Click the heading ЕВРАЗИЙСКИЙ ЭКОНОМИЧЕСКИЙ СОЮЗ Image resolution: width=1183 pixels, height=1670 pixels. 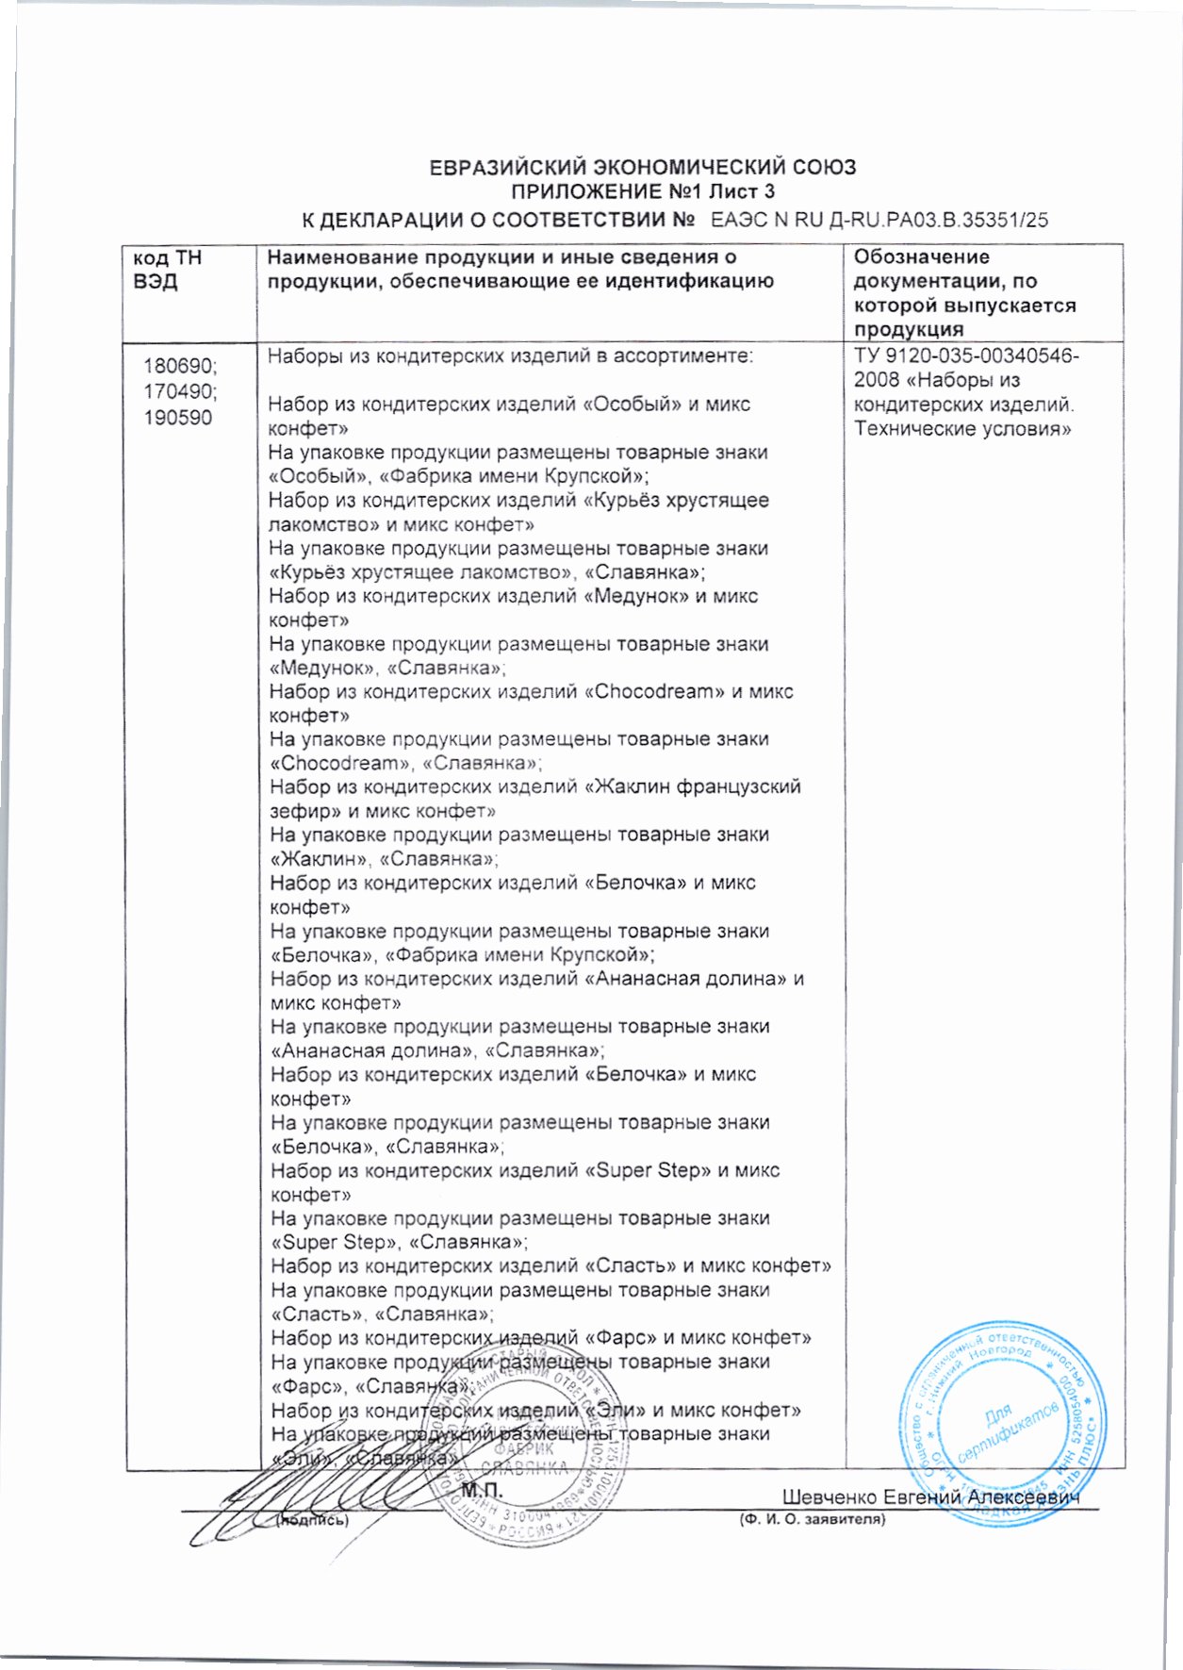click(642, 168)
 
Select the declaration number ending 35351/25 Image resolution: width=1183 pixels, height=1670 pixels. click(879, 221)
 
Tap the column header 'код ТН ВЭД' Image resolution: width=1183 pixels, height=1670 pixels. click(168, 270)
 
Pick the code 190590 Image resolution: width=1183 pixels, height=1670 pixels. click(177, 418)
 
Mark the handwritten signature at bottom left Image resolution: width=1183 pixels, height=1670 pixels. click(283, 1499)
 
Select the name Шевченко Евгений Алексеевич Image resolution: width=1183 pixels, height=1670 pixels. click(930, 1497)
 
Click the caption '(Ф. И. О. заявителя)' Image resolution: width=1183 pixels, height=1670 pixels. click(813, 1519)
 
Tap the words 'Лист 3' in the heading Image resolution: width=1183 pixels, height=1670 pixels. click(742, 193)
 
